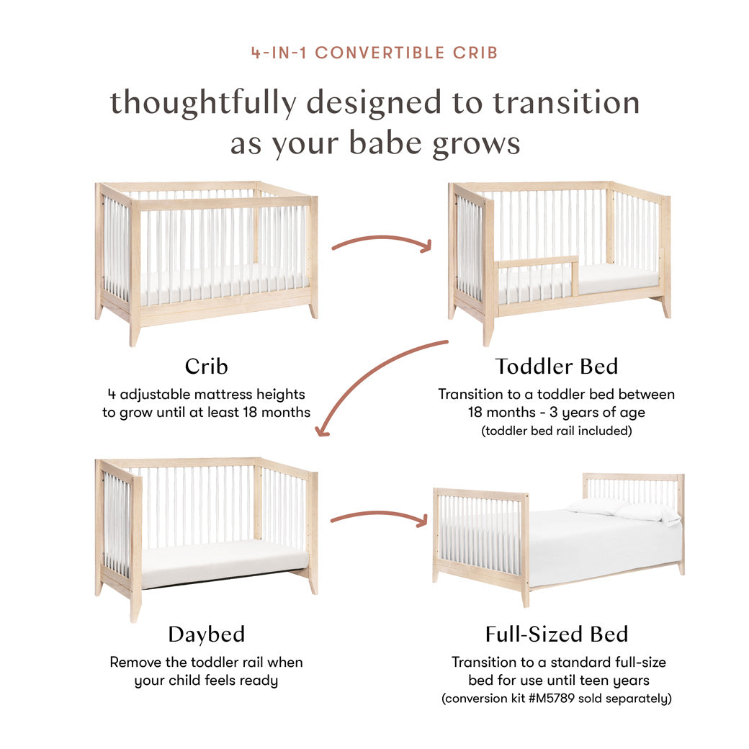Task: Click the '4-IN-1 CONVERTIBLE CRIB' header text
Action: tap(374, 53)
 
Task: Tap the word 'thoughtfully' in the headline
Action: tap(202, 103)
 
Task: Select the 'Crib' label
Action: tap(206, 366)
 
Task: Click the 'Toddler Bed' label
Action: tap(556, 366)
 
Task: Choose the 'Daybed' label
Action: tap(206, 634)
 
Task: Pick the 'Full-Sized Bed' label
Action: tap(556, 634)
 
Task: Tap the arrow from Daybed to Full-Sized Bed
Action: tap(379, 516)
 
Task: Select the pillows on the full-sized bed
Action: tap(624, 510)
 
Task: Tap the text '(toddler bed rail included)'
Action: tap(556, 431)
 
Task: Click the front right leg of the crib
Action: tap(313, 310)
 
